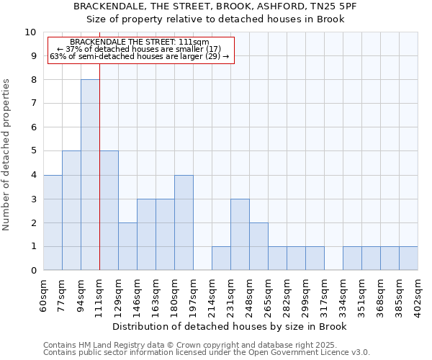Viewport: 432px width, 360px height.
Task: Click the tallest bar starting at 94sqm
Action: (90, 175)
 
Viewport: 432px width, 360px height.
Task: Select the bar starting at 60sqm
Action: (53, 222)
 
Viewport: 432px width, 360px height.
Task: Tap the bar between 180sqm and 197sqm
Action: (184, 222)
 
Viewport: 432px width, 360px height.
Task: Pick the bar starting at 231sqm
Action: (240, 235)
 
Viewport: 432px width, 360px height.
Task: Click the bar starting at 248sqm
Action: (258, 246)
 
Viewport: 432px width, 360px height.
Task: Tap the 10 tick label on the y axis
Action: (30, 32)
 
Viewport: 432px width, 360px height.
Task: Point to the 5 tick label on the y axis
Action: (33, 151)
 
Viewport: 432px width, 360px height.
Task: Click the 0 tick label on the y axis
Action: (33, 271)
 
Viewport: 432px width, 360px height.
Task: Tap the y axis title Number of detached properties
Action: (7, 155)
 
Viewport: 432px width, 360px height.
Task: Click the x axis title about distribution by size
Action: (230, 326)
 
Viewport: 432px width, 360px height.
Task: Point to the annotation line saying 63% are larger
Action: (140, 56)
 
